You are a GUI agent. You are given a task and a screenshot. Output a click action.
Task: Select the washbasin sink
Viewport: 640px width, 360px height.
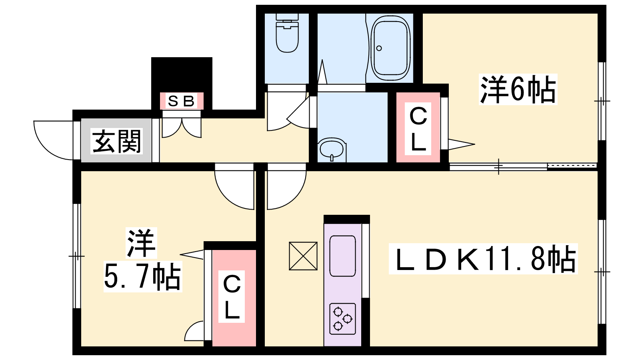pyautogui.click(x=332, y=149)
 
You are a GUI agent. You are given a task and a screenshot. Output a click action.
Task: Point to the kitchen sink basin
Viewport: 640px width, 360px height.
pyautogui.click(x=342, y=256)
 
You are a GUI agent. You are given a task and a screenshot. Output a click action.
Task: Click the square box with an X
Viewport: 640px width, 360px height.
pyautogui.click(x=303, y=256)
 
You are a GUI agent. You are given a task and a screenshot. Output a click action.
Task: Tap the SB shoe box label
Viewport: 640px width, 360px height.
pyautogui.click(x=182, y=101)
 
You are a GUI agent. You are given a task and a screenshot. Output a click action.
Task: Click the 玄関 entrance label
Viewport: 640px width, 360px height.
pyautogui.click(x=116, y=141)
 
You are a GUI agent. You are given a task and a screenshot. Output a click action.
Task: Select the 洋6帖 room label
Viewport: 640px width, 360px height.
pyautogui.click(x=518, y=90)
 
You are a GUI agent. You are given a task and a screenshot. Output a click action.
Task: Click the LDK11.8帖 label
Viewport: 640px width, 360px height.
pyautogui.click(x=483, y=259)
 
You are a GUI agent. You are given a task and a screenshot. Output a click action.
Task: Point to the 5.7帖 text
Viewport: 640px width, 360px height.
pyautogui.click(x=142, y=276)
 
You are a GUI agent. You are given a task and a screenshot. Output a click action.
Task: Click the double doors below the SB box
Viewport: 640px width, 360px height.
pyautogui.click(x=182, y=126)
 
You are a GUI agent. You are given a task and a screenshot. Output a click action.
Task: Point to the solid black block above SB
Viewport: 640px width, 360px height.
pyautogui.click(x=182, y=74)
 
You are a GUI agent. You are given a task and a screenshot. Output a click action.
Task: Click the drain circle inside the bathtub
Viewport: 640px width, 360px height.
pyautogui.click(x=379, y=48)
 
